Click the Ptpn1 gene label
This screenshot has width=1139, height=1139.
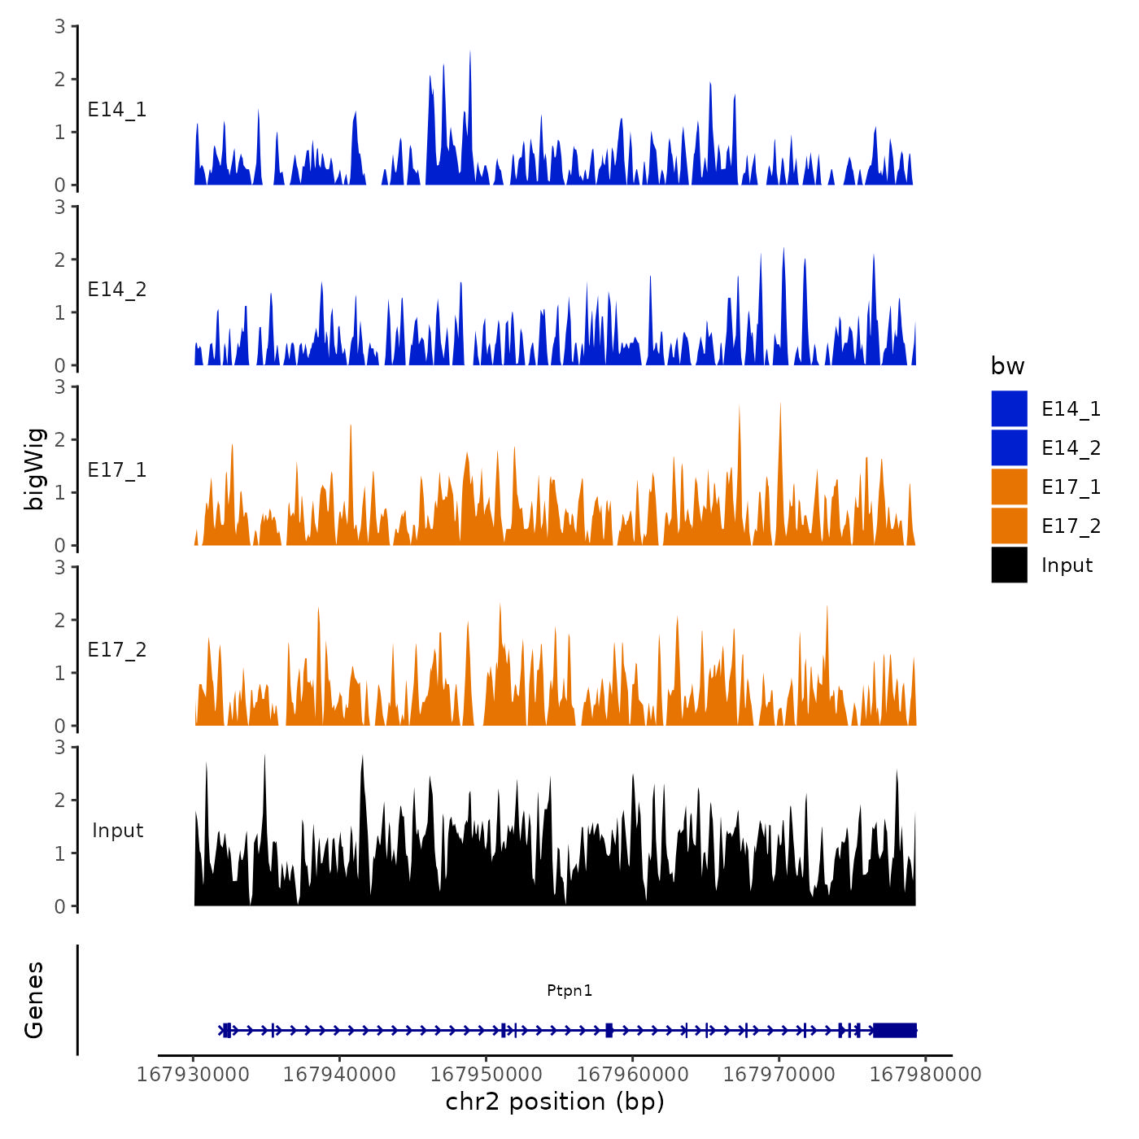pyautogui.click(x=569, y=990)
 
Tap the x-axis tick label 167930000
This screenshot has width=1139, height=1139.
pyautogui.click(x=193, y=1074)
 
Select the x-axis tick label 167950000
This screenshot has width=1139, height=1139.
pyautogui.click(x=486, y=1074)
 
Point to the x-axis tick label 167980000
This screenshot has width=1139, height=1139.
pyautogui.click(x=925, y=1074)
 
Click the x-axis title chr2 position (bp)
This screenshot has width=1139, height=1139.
pyautogui.click(x=555, y=1102)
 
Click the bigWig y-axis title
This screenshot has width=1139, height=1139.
pyautogui.click(x=34, y=469)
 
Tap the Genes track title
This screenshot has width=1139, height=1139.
pyautogui.click(x=34, y=1000)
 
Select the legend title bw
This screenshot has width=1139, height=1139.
pyautogui.click(x=1007, y=366)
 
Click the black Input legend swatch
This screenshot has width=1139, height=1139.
pyautogui.click(x=1009, y=565)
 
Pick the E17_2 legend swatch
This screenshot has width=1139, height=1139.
pyautogui.click(x=1009, y=526)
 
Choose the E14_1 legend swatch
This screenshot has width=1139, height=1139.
pyautogui.click(x=1009, y=408)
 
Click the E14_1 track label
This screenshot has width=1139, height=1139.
pyautogui.click(x=117, y=110)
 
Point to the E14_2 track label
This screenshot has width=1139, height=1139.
pyautogui.click(x=117, y=290)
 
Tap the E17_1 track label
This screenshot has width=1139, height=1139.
pyautogui.click(x=117, y=470)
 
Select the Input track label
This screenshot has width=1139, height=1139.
pyautogui.click(x=117, y=831)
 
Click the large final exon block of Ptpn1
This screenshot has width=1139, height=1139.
pyautogui.click(x=895, y=1030)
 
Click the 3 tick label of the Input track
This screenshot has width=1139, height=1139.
pyautogui.click(x=60, y=747)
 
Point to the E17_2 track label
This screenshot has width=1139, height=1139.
pyautogui.click(x=117, y=650)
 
